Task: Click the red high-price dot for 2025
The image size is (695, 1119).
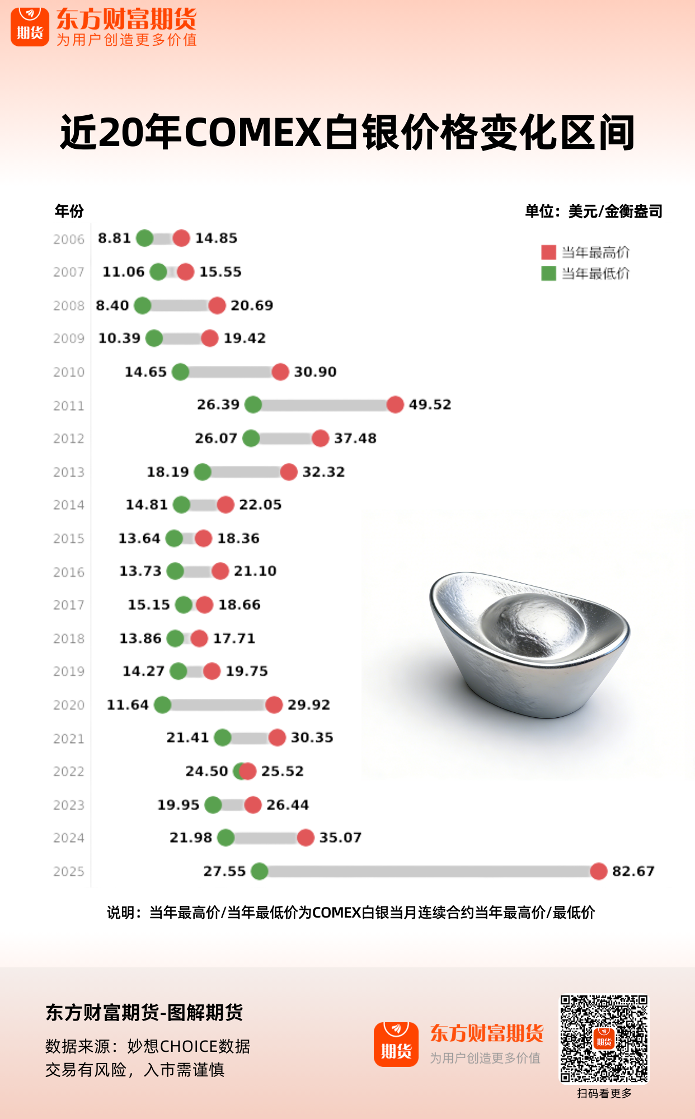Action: click(x=598, y=871)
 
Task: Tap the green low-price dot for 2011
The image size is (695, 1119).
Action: click(x=253, y=405)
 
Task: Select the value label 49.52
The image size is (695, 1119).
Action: click(x=429, y=405)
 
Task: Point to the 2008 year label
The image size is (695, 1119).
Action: click(x=69, y=306)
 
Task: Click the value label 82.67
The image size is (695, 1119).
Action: click(x=633, y=871)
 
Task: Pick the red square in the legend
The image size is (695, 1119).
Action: click(x=548, y=252)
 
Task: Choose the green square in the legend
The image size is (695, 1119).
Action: click(x=548, y=274)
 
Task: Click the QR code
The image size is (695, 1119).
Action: click(x=604, y=1039)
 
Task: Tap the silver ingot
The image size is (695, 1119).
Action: click(x=528, y=643)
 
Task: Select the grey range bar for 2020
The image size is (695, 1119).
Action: click(x=218, y=705)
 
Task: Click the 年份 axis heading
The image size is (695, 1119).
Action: click(x=69, y=211)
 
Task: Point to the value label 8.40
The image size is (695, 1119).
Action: click(x=112, y=305)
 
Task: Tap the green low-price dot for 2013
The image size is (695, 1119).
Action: click(x=203, y=472)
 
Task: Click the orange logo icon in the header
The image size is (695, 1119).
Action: click(x=30, y=26)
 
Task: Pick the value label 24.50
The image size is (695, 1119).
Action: click(x=206, y=771)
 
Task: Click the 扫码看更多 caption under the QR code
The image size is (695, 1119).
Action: click(x=604, y=1093)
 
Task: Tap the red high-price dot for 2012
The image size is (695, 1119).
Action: click(x=320, y=438)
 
